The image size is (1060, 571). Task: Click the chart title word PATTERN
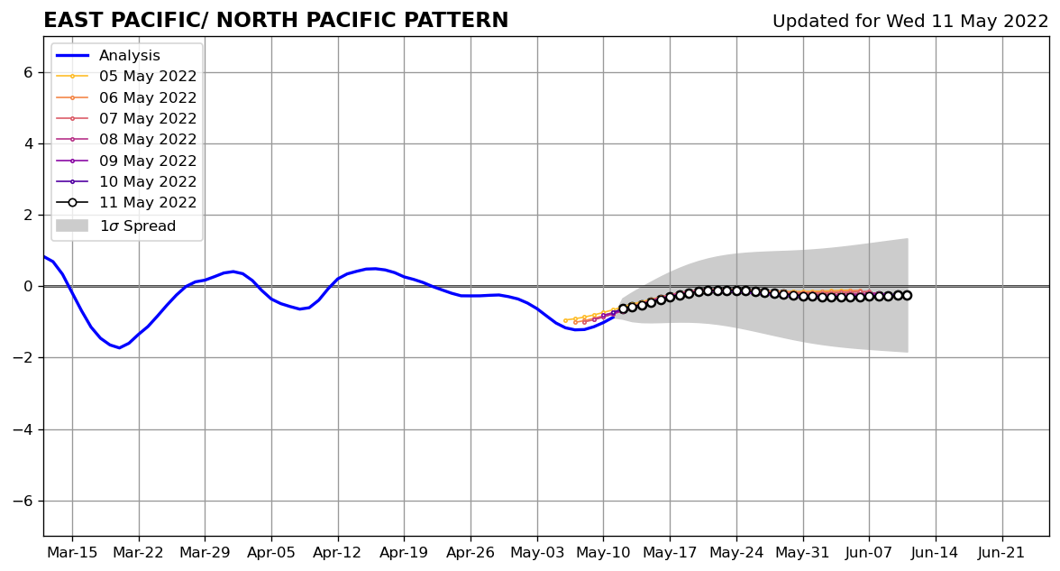point(452,21)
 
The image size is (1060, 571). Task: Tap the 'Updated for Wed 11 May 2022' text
point(910,22)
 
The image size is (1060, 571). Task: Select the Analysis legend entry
point(130,56)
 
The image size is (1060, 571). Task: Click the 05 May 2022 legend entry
point(148,77)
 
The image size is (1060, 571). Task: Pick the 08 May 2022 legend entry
point(148,140)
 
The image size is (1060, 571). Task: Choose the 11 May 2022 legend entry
point(148,203)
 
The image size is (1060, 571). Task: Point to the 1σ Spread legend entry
point(137,226)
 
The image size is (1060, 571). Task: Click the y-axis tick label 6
point(27,72)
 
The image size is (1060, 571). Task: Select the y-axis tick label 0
point(27,287)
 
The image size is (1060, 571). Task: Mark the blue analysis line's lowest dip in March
point(119,347)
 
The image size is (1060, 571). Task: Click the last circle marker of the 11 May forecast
point(907,295)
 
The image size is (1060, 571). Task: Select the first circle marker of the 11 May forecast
point(623,309)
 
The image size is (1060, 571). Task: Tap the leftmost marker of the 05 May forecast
point(565,320)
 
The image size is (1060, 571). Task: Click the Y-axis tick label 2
point(27,215)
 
